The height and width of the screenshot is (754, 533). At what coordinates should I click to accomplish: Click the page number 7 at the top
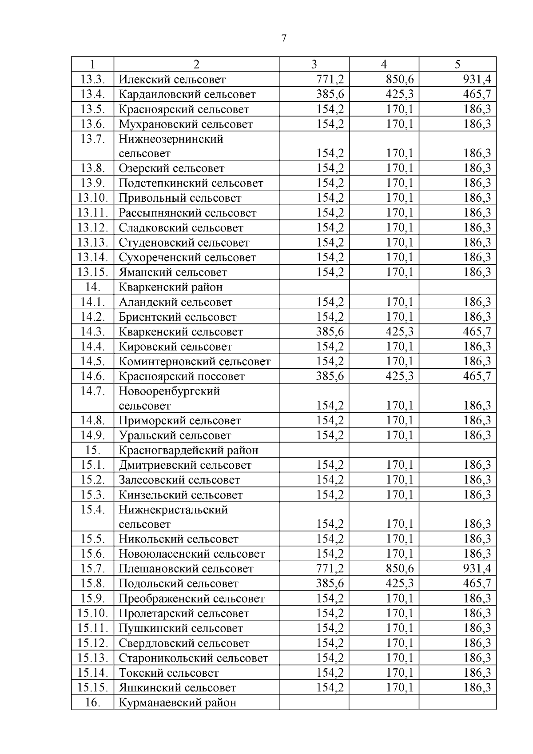[284, 38]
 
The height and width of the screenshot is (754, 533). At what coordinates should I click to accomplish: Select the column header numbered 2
[196, 64]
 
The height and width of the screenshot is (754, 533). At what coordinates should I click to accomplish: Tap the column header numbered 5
[457, 64]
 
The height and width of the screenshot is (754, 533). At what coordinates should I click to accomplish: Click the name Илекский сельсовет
[172, 80]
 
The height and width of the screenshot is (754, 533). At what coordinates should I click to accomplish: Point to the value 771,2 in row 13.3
[330, 80]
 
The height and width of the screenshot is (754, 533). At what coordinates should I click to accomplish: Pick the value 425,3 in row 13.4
[399, 94]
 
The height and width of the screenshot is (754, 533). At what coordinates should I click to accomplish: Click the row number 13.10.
[92, 198]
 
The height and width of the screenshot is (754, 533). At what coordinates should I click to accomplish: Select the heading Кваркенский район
[171, 287]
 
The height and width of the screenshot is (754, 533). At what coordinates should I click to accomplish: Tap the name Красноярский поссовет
[182, 376]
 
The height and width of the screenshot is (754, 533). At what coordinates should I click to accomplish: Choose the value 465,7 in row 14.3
[477, 331]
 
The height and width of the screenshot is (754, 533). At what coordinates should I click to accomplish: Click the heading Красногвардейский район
[188, 450]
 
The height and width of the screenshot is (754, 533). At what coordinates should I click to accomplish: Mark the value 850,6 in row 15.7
[399, 569]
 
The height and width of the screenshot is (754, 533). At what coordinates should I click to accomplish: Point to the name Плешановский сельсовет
[186, 569]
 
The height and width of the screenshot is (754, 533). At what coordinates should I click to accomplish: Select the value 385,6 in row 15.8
[330, 583]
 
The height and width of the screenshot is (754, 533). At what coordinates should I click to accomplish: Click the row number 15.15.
[92, 688]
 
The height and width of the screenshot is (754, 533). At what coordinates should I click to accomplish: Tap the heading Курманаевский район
[177, 702]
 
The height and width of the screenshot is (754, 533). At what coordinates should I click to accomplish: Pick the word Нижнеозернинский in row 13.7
[171, 139]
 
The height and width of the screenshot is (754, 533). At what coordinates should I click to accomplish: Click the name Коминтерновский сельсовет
[195, 361]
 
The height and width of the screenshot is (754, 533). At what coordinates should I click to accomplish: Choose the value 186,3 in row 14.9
[477, 435]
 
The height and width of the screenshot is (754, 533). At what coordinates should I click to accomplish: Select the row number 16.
[92, 702]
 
